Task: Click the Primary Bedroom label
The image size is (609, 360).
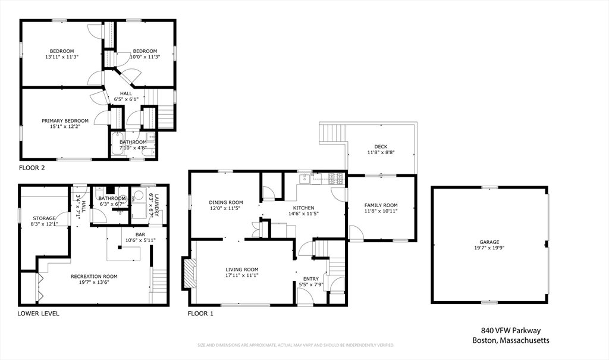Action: (65, 121)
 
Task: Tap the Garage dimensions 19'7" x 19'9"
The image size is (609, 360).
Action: (489, 248)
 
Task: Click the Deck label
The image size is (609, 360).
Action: (381, 146)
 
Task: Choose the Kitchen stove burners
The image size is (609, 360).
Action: (337, 179)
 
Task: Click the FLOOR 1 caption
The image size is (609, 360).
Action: (200, 314)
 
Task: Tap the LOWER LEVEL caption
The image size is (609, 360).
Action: (39, 314)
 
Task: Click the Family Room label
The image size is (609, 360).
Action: (381, 205)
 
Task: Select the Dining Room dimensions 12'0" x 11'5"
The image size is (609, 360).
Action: (225, 208)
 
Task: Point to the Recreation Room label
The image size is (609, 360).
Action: (94, 277)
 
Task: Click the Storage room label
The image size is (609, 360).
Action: (44, 218)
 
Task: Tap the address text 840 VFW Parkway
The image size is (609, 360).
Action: (511, 331)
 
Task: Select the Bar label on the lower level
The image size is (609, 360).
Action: (140, 235)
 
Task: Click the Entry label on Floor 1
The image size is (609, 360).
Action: (310, 278)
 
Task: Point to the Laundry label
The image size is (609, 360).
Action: (157, 205)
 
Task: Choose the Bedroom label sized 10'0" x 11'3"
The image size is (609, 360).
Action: (145, 51)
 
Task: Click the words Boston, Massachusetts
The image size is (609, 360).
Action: (511, 340)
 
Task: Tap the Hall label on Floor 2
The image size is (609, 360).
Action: (126, 93)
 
